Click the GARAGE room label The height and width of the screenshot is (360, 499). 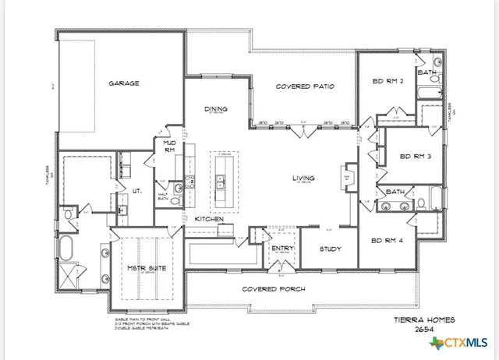click(x=124, y=83)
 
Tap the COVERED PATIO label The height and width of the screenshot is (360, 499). click(x=306, y=86)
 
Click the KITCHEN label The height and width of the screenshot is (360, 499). click(x=210, y=219)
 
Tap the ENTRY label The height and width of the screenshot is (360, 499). click(x=281, y=249)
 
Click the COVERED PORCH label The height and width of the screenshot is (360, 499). click(x=273, y=288)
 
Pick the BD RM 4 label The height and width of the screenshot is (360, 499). click(x=387, y=240)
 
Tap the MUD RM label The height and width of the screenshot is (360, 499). click(x=168, y=146)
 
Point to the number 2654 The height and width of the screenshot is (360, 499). click(x=424, y=330)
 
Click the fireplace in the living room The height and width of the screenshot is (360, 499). click(x=348, y=178)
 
